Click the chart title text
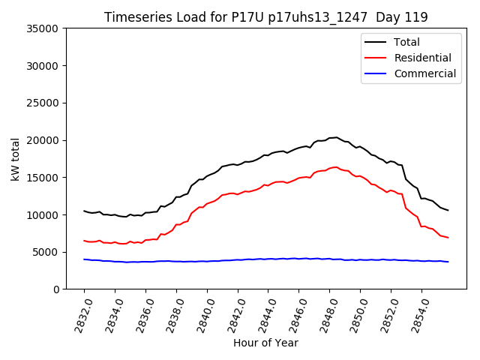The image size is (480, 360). coord(266,17)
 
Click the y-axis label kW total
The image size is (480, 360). coord(16,158)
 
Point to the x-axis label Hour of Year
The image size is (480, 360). coord(265,343)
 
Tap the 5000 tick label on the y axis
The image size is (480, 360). coord(46,252)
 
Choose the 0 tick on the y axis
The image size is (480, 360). coord(56,289)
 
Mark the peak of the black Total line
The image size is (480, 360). coord(336,137)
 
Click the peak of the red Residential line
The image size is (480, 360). coord(336,167)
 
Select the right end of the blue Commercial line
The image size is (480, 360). coord(448,262)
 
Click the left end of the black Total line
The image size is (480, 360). coord(84,211)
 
